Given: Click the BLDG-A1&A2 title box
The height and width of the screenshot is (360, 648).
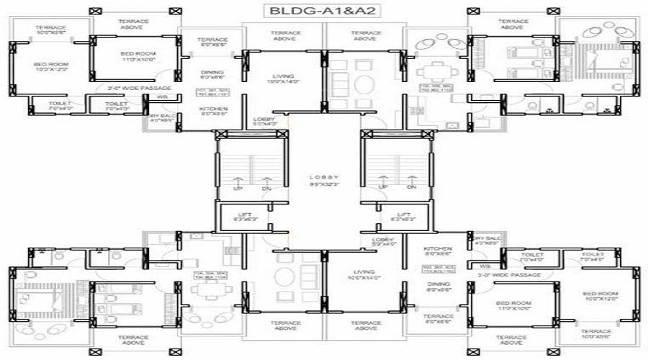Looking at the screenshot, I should (x=323, y=11).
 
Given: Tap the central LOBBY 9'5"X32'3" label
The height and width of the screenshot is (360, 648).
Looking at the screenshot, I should (x=323, y=179).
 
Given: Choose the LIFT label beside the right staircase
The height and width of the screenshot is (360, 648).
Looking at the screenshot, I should (x=404, y=215).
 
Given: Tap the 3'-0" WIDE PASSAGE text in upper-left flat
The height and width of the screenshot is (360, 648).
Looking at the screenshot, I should (x=139, y=88).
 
